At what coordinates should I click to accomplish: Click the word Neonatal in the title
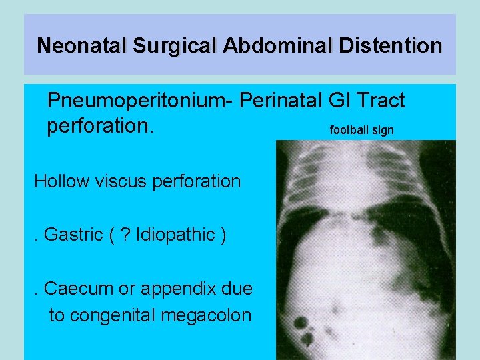pyautogui.click(x=82, y=45)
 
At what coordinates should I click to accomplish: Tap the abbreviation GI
pyautogui.click(x=341, y=101)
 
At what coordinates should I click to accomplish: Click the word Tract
pyautogui.click(x=380, y=101)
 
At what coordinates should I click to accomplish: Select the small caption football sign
pyautogui.click(x=362, y=130)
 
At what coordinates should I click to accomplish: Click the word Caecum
pyautogui.click(x=75, y=289)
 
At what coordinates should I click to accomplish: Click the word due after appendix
pyautogui.click(x=236, y=289)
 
